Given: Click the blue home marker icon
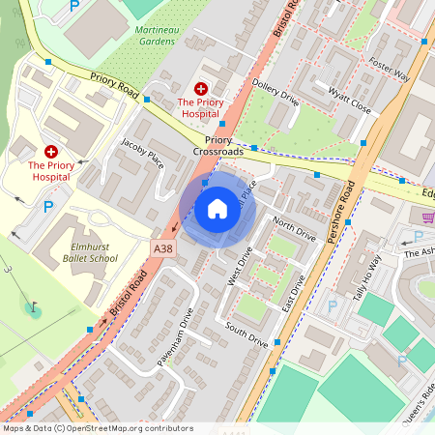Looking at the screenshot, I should (217, 209).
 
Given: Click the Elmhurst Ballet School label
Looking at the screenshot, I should (78, 253).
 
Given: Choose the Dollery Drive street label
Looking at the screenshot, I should (276, 91).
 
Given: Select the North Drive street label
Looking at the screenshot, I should (294, 229).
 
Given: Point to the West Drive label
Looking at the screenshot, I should (238, 267).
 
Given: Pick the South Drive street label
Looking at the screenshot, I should (246, 334).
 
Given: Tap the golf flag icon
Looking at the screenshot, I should (34, 308).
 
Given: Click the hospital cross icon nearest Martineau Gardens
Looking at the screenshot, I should (200, 89).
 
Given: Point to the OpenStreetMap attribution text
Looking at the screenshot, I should (98, 427).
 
